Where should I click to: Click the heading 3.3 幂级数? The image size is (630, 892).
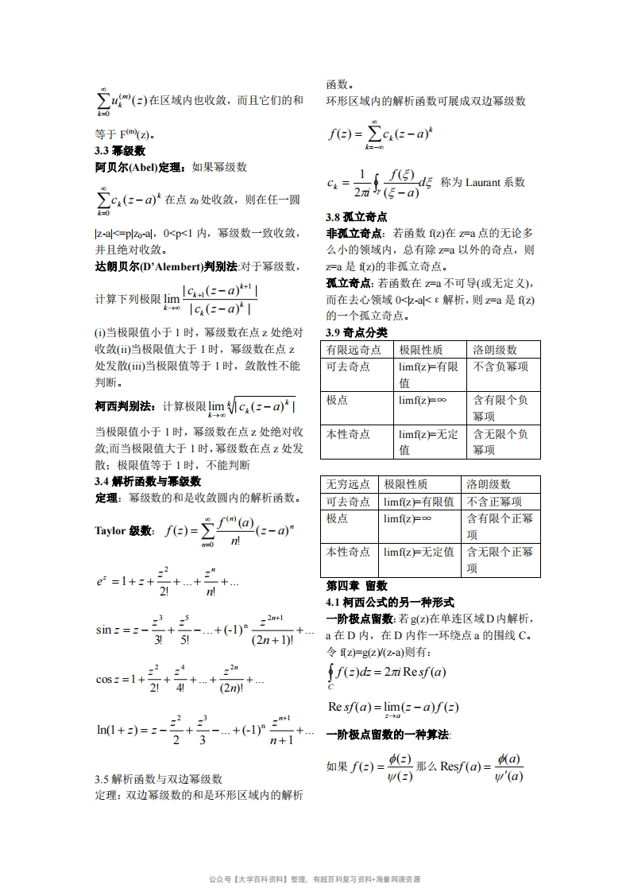click(119, 151)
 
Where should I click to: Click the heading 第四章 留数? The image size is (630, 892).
click(357, 586)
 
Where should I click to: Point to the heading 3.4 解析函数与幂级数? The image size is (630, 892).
click(147, 482)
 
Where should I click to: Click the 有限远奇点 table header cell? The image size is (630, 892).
click(354, 350)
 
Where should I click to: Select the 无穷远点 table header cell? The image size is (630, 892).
click(348, 484)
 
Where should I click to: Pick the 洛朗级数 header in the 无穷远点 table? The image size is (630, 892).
click(489, 484)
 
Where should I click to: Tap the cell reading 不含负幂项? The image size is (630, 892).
click(501, 366)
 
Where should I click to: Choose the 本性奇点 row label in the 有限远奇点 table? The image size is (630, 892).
click(348, 434)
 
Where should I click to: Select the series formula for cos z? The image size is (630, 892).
click(180, 681)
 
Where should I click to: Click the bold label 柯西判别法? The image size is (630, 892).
click(125, 406)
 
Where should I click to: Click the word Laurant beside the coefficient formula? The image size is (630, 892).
click(483, 182)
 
